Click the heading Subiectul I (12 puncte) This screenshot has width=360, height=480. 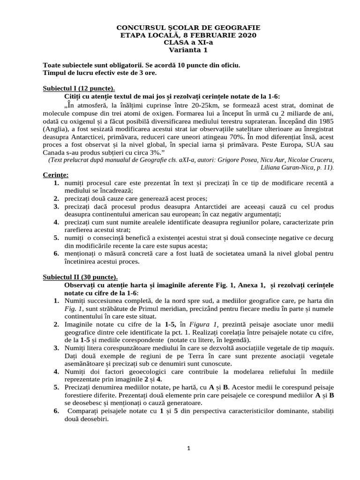pos(79,88)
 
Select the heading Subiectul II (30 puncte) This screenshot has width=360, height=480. pos(81,277)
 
